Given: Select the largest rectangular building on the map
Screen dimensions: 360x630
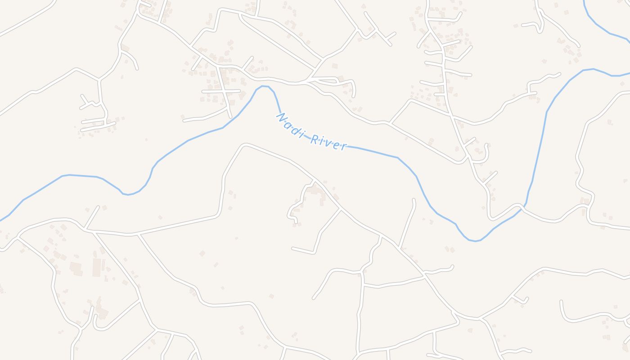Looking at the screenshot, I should click(x=97, y=267).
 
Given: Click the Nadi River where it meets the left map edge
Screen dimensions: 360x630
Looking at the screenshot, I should click(x=1, y=220).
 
